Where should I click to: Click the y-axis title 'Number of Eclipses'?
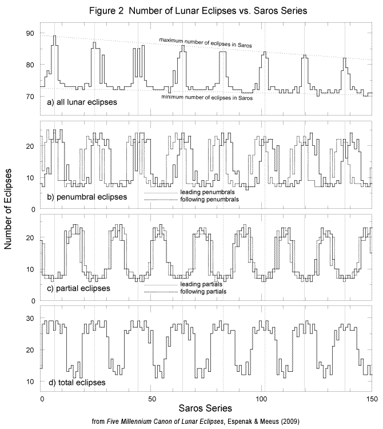tap(10, 213)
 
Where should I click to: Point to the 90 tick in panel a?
tap(30, 34)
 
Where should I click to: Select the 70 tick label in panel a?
tap(30, 97)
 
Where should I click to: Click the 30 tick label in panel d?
tap(30, 318)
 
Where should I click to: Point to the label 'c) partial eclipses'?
tap(79, 288)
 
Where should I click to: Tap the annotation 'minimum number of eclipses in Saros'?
tap(207, 97)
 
